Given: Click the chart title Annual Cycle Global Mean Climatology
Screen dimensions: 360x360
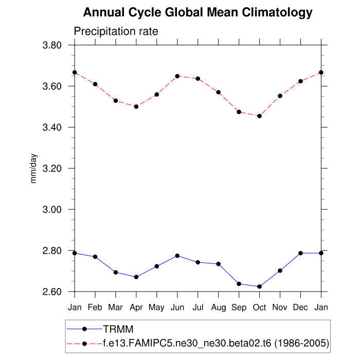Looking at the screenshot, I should click(x=197, y=12).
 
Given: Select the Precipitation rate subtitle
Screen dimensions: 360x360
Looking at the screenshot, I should click(x=116, y=31).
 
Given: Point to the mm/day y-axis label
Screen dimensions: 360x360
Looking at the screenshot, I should click(x=34, y=168).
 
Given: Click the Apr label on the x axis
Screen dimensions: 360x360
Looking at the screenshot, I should click(x=136, y=308).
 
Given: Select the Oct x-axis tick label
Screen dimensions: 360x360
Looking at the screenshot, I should click(x=259, y=308).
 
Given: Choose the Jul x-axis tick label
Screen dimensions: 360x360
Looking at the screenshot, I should click(x=198, y=308).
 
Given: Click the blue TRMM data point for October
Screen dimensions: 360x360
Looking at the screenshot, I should click(x=259, y=286).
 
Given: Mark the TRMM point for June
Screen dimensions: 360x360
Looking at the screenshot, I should click(x=177, y=256).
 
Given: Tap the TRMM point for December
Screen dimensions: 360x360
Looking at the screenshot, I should click(x=300, y=253).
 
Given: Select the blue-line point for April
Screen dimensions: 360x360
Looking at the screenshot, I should click(x=136, y=277).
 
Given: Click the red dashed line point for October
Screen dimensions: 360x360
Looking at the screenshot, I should click(x=259, y=116).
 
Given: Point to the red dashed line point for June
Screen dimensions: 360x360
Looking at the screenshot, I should click(x=177, y=76).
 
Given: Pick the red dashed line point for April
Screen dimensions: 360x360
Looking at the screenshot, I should click(x=136, y=106).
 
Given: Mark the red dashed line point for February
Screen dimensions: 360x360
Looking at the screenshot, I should click(x=95, y=84).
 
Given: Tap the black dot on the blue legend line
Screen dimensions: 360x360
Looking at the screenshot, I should click(x=85, y=329).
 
